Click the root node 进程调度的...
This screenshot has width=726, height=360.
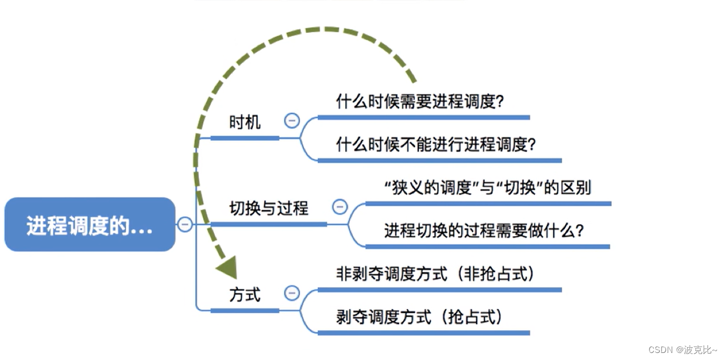tap(90, 226)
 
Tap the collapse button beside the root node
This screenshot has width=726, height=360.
tap(185, 224)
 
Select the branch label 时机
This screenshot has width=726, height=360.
tap(245, 122)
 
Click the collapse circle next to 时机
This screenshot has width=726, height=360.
tap(292, 121)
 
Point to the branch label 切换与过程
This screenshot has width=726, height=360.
tap(268, 208)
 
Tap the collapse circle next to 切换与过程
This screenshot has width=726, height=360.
tap(340, 207)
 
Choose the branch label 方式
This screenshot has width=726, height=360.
tap(245, 294)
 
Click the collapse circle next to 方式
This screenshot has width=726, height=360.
tap(292, 293)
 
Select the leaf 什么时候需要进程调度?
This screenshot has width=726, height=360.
tap(420, 102)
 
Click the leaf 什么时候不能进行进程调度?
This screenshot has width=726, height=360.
tap(436, 144)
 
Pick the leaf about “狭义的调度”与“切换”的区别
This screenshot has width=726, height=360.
tap(487, 188)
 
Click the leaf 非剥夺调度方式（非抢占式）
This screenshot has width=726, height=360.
tap(435, 274)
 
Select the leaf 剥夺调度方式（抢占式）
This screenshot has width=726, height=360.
tap(420, 317)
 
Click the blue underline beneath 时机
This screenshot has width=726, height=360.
tap(245, 138)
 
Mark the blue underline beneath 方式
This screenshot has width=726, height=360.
tap(245, 310)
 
